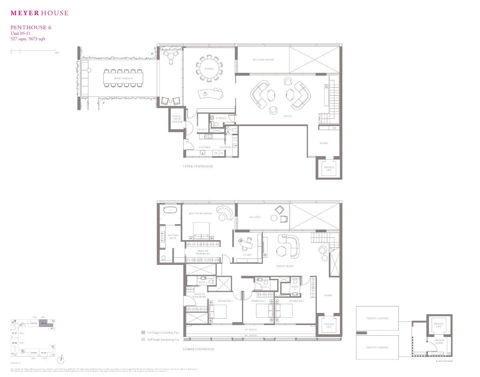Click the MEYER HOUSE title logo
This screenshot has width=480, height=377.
click(x=39, y=13)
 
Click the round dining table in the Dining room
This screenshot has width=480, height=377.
click(x=209, y=69)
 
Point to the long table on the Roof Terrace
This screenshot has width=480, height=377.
click(x=123, y=78)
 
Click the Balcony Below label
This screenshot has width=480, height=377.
click(x=263, y=60)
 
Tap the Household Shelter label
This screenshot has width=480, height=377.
click(x=177, y=119)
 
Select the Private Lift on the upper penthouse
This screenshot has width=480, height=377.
click(x=329, y=168)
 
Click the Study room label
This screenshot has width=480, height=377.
click(x=247, y=255)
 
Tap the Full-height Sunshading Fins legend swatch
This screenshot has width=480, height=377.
click(x=143, y=332)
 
